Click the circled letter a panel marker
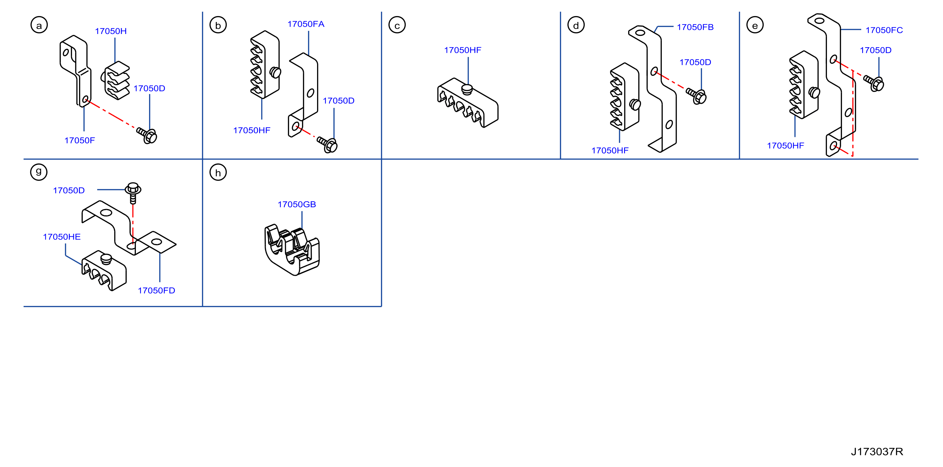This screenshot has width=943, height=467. tap(39, 25)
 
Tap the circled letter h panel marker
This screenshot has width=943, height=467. tap(218, 172)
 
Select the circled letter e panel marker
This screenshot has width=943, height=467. tap(755, 25)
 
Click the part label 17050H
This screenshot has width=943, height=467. tap(111, 31)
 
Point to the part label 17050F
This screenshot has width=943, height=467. tap(80, 140)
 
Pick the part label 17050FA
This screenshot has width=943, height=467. tap(306, 24)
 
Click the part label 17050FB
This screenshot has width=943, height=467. tap(695, 27)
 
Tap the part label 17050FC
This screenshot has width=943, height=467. tap(884, 30)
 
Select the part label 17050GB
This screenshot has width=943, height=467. tap(297, 204)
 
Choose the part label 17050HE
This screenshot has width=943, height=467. tap(62, 237)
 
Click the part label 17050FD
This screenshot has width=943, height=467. tap(156, 290)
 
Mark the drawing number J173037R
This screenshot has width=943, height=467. tap(877, 451)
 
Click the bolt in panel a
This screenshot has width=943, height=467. tap(147, 135)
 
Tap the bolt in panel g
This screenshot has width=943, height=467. tap(133, 193)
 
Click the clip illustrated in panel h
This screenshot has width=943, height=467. tap(292, 250)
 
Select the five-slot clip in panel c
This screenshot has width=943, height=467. tap(467, 103)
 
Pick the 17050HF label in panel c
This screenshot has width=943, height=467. tap(463, 50)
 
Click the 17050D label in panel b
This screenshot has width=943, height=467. tap(339, 101)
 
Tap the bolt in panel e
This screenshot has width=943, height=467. tap(874, 83)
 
